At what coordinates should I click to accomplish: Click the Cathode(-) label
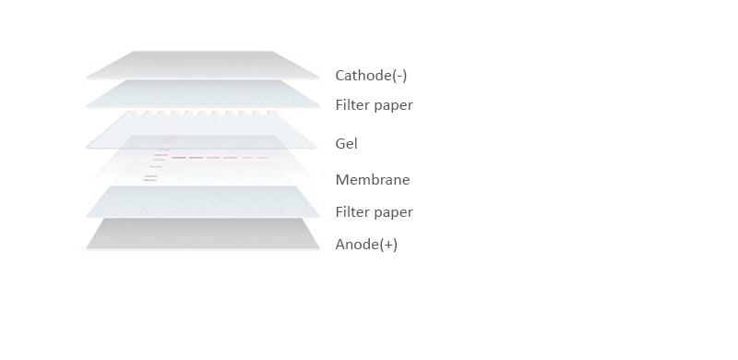click(371, 76)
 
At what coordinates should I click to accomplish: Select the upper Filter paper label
click(374, 105)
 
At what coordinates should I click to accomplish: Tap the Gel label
click(346, 144)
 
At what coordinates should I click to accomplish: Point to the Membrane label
click(372, 180)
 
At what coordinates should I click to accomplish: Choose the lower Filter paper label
click(374, 212)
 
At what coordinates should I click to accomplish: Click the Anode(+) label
click(366, 245)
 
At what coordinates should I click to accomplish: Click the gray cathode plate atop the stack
click(203, 66)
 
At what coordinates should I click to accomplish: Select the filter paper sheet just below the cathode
click(203, 94)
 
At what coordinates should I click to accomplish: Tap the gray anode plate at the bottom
click(203, 234)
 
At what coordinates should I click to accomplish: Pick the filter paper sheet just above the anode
click(203, 203)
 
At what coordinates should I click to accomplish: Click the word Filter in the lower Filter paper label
click(351, 212)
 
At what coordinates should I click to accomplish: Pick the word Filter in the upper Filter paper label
click(351, 105)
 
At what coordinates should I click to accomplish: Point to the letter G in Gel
click(340, 144)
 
